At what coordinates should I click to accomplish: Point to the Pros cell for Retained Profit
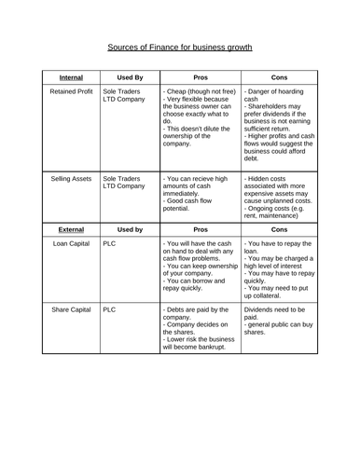click(199, 121)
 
